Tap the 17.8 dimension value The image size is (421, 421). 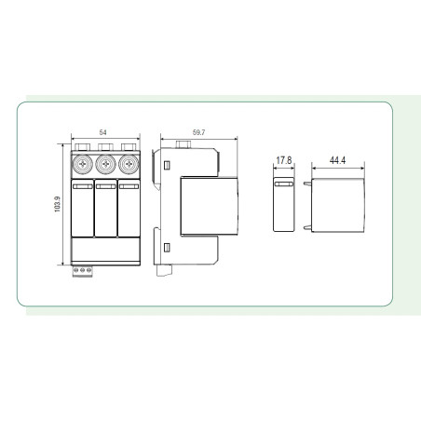[x=284, y=160]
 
